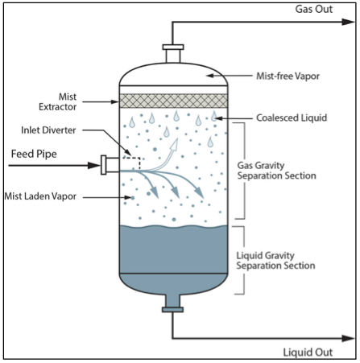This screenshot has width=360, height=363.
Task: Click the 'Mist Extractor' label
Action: point(58,101)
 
